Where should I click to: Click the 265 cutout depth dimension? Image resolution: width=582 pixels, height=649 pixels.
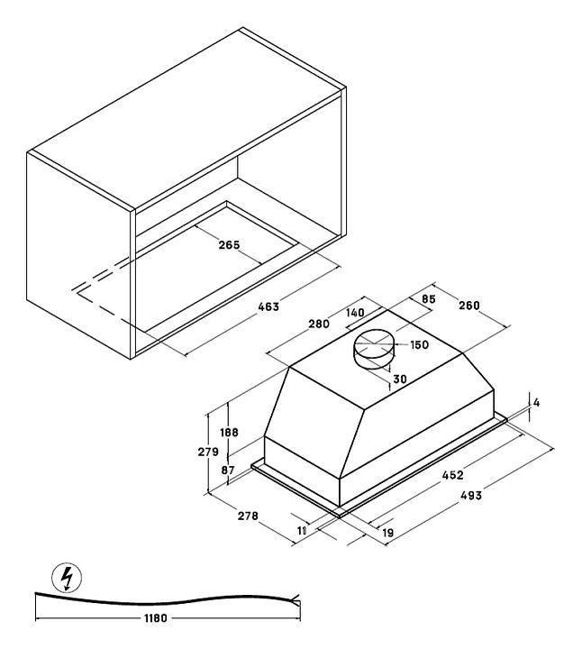coord(229,245)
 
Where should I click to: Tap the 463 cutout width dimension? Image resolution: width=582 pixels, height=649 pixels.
coord(268,306)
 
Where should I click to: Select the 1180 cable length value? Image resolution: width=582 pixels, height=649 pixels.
coord(156,618)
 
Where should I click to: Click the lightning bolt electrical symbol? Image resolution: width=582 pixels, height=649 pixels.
coord(66,577)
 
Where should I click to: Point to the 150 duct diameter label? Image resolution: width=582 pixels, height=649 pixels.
coord(419,344)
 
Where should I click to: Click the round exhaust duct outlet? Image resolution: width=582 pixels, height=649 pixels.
coord(374,349)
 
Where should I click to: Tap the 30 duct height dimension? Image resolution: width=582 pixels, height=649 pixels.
coord(400,379)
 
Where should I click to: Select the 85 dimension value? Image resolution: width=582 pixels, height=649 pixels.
coord(429,299)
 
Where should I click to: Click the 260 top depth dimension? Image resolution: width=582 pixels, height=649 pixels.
coord(469,306)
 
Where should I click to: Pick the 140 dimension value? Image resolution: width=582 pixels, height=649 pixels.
coord(355,312)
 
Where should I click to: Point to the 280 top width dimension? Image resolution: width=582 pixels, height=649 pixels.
coord(319,324)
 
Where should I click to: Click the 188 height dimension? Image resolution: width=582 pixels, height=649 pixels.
coord(229,432)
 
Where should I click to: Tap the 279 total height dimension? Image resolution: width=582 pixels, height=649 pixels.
coord(208,452)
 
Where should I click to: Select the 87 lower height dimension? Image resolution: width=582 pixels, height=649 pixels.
coord(228,471)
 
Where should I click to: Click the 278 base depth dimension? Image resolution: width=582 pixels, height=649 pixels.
coord(248,516)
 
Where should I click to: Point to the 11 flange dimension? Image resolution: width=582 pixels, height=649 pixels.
coord(302,530)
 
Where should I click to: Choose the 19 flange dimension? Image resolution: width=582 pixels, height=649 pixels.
coord(387,533)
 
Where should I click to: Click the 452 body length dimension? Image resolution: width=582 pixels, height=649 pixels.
coord(452,475)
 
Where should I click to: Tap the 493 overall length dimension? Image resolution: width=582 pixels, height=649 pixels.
coord(471,495)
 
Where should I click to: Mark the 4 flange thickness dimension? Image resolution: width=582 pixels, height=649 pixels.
coord(536,402)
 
